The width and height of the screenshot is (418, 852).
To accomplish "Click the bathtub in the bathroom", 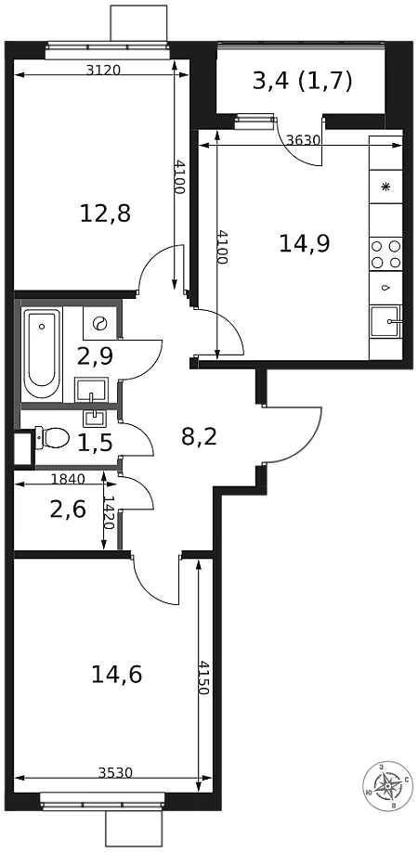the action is coord(42,354).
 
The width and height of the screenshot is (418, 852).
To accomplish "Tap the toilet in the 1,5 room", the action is coord(52,436).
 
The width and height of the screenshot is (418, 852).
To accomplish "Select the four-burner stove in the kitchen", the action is coord(385,254).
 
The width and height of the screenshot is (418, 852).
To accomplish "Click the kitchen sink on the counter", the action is coord(385,322).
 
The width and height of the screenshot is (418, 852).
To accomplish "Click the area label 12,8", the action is coord(106,213).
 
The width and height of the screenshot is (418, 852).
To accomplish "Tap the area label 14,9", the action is coord(305,243).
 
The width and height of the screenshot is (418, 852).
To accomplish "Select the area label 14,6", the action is coord(117,676).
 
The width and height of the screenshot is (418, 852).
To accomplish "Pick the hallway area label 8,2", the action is coord(199,436).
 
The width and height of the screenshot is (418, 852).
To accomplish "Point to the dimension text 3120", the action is coord(103,70).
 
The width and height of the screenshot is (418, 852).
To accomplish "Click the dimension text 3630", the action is coord(304,140).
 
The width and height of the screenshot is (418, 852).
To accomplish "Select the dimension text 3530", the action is coord(116,772).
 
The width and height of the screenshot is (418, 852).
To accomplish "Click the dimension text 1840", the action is coord(68,479).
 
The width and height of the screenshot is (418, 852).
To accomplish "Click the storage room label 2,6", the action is coord(68,510).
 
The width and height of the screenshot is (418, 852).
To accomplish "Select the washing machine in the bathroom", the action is coord(100,323).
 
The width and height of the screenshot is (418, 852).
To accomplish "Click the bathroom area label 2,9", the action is coord(95,356).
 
